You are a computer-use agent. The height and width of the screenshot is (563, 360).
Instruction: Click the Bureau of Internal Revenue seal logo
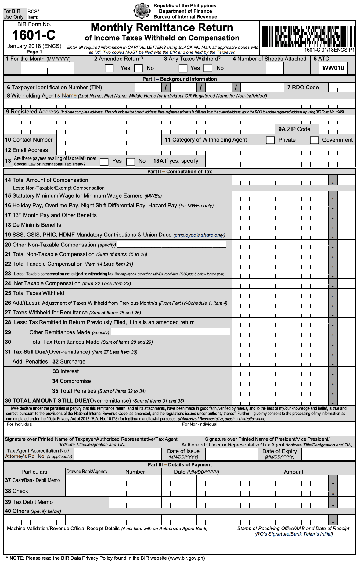pyautogui.click(x=142, y=11)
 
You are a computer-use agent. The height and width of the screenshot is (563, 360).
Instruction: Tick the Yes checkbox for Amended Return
pyautogui.click(x=109, y=68)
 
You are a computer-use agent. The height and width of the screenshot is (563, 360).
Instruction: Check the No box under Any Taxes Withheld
pyautogui.click(x=208, y=68)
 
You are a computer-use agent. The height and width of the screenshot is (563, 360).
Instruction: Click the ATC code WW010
pyautogui.click(x=333, y=68)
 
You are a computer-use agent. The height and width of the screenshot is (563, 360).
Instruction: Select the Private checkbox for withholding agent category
pyautogui.click(x=270, y=140)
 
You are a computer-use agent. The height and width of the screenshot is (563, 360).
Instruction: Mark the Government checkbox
pyautogui.click(x=314, y=140)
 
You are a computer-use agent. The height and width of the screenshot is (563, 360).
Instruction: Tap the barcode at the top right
pyautogui.click(x=308, y=36)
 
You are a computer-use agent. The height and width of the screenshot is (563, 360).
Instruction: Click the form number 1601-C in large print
pyautogui.click(x=34, y=35)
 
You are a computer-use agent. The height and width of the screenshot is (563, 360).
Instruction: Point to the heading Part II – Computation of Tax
pyautogui.click(x=179, y=171)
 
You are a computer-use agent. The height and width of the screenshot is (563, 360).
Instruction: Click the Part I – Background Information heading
pyautogui.click(x=179, y=79)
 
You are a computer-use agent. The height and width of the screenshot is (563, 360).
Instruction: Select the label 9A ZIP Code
pyautogui.click(x=294, y=129)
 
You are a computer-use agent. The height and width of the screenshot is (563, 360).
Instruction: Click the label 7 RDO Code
pyautogui.click(x=303, y=88)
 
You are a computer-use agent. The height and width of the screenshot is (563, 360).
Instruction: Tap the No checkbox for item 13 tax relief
pyautogui.click(x=131, y=161)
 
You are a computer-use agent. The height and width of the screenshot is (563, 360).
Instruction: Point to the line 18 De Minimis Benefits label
pyautogui.click(x=33, y=225)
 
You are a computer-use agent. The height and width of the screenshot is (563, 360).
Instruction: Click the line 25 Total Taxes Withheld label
pyautogui.click(x=34, y=293)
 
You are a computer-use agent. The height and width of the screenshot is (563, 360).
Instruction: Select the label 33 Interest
pyautogui.click(x=66, y=371)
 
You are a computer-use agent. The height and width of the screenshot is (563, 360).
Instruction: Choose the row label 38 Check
pyautogui.click(x=16, y=491)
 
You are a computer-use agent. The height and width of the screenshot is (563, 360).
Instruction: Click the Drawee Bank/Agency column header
pyautogui.click(x=87, y=472)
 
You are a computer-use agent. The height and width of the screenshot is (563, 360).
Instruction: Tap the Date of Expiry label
pyautogui.click(x=279, y=451)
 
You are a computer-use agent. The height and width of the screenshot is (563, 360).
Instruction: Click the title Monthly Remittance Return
pyautogui.click(x=162, y=28)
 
